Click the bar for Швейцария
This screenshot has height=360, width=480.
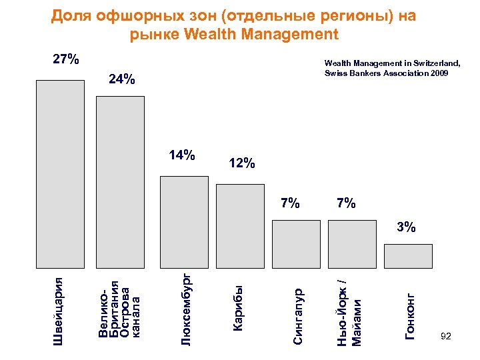(60, 173)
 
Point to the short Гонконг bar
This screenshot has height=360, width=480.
(408, 256)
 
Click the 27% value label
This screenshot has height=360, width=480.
(66, 60)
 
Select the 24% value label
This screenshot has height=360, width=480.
(122, 80)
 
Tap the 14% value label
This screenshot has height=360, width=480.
(182, 156)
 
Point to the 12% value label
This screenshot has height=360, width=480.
(241, 163)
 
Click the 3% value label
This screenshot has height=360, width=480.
(406, 228)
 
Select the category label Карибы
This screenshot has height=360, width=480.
(238, 307)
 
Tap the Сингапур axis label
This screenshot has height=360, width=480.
(299, 315)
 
